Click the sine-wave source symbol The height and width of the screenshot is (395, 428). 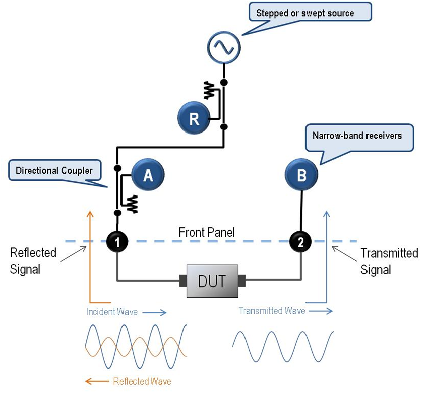coord(224,48)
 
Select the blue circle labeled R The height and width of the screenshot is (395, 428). coord(194,119)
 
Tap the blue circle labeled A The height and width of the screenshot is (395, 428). coord(148,175)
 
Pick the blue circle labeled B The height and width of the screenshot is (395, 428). coord(301,175)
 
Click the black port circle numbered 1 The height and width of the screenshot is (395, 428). coord(117,242)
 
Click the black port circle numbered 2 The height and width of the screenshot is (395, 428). coord(301,242)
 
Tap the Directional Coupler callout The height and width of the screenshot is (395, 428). coord(54,171)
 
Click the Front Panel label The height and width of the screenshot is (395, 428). coord(207,232)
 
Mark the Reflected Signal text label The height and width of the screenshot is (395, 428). coord(33,260)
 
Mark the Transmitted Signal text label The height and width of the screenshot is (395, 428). coord(389,260)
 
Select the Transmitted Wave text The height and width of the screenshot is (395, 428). coord(272,311)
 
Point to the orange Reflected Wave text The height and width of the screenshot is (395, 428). coord(142,381)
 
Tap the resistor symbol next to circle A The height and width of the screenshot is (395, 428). coord(133,204)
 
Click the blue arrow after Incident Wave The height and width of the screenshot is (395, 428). coord(154,313)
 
